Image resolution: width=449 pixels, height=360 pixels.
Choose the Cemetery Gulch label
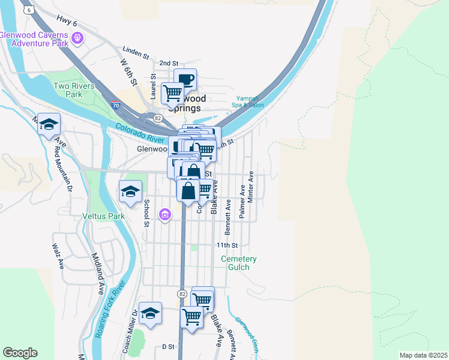238,263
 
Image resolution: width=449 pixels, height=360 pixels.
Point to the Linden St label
135,53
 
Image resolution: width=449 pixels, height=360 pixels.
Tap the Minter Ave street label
251,186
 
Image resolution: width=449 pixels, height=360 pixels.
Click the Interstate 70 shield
116,106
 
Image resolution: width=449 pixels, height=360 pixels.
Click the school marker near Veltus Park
131,191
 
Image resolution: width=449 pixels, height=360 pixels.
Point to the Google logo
20,353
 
